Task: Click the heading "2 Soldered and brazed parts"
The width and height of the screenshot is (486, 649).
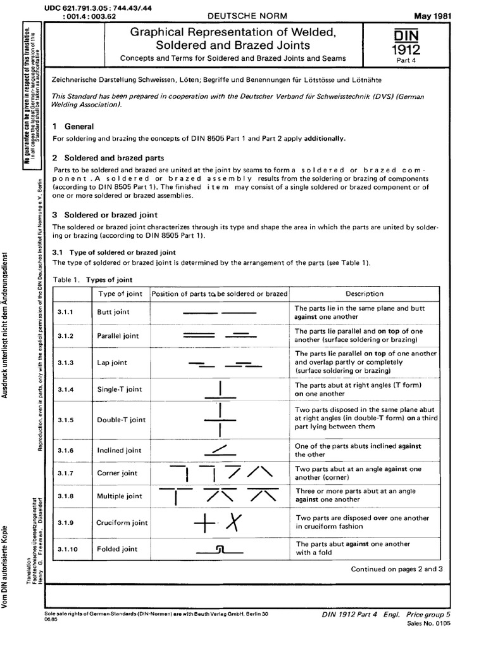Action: click(x=108, y=158)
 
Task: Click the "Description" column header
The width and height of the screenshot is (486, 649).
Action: click(x=364, y=293)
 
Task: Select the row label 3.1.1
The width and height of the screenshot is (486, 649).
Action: click(x=66, y=312)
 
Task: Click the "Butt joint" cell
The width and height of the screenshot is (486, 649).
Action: click(x=111, y=312)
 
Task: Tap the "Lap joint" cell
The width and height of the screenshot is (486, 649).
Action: click(x=111, y=363)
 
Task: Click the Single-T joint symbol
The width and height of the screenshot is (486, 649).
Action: click(x=219, y=390)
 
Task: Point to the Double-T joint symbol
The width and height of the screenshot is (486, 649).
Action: click(x=219, y=420)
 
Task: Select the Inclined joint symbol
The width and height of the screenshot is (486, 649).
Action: click(x=219, y=451)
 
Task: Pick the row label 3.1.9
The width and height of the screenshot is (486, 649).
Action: click(x=66, y=523)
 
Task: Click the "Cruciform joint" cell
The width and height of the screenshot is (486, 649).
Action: click(x=122, y=523)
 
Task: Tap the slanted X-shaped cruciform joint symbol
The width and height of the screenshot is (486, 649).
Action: click(x=235, y=522)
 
